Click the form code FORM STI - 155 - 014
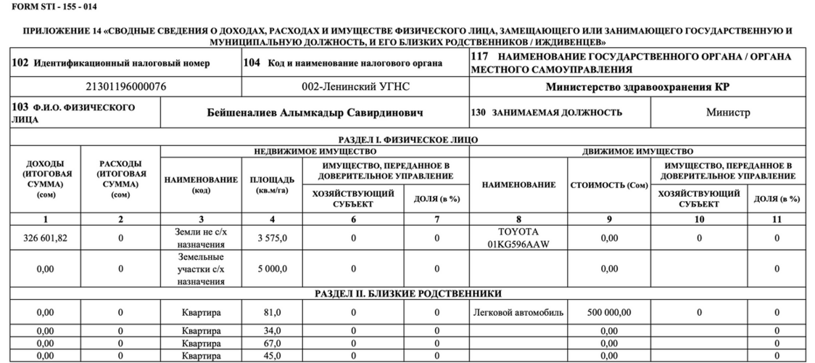point(50,7)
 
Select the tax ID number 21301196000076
point(126,87)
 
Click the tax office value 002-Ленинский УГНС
point(356,87)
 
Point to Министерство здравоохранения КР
point(637,87)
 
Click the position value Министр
point(728,113)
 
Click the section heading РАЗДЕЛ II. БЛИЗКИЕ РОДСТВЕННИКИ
point(407,293)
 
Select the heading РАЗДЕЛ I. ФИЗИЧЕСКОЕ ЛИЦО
point(407,139)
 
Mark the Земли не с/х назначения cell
point(201,237)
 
